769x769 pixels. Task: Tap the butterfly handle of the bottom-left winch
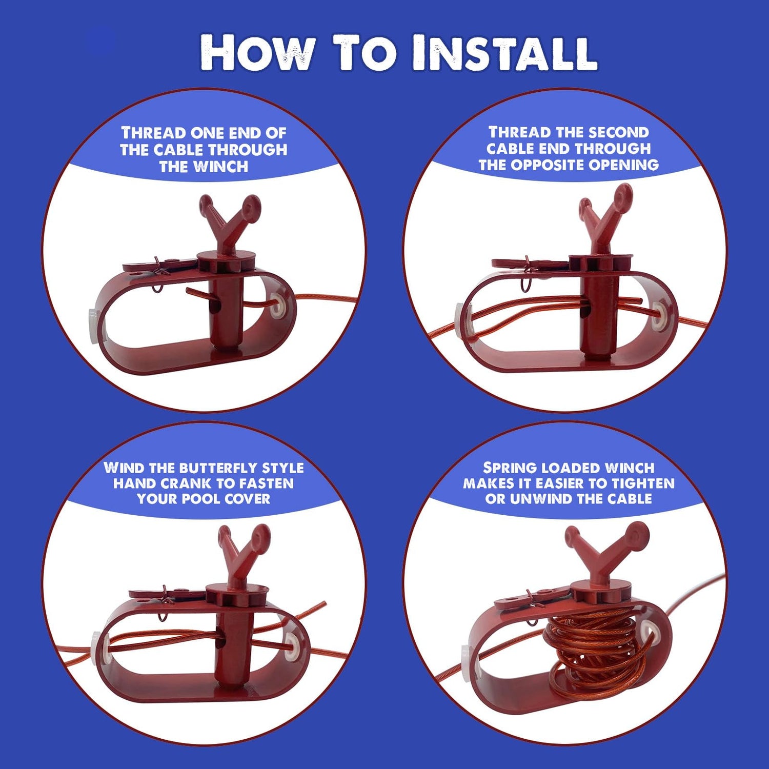pyautogui.click(x=244, y=549)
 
